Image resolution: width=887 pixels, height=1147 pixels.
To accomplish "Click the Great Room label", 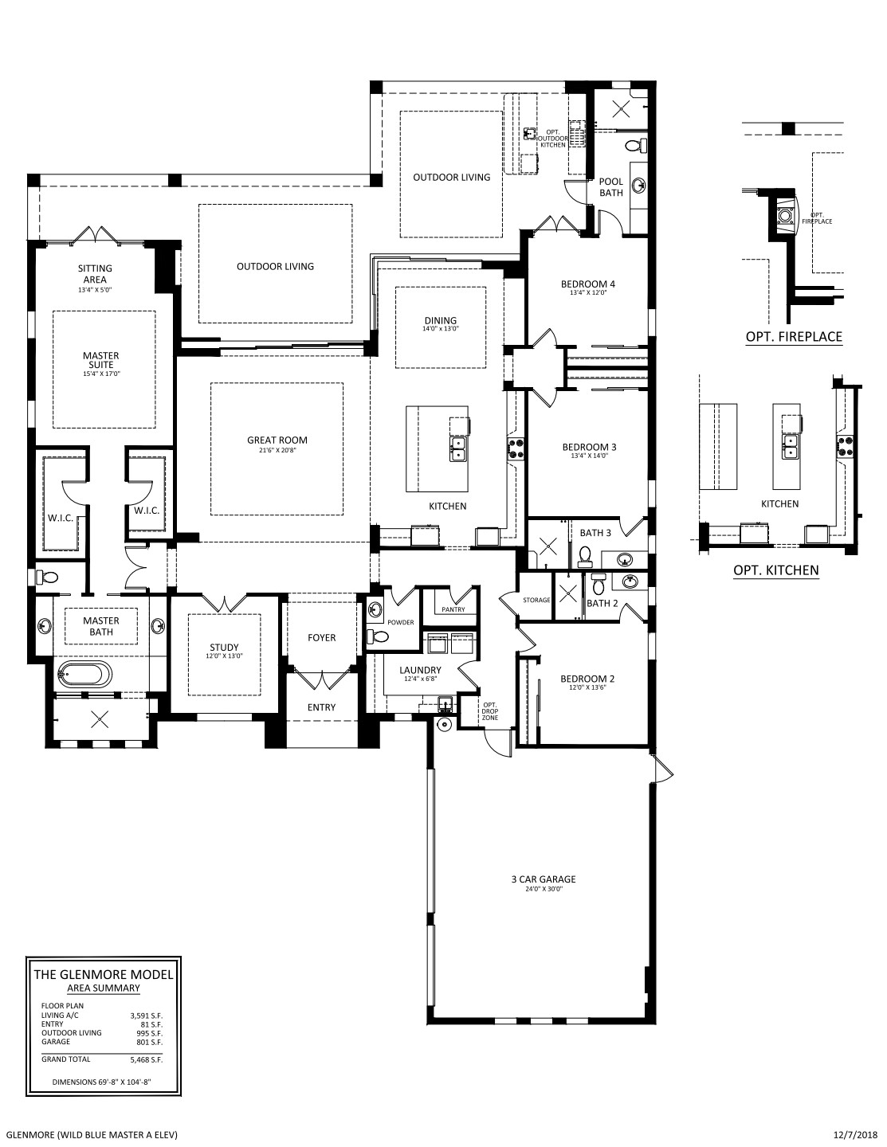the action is (277, 440).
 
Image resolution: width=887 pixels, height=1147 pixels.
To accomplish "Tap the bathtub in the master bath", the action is (85, 675).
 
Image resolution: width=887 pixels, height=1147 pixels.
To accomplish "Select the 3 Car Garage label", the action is (544, 879).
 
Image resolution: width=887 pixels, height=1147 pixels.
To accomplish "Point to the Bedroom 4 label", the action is (587, 284).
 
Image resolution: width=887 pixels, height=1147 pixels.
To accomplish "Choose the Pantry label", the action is (453, 609).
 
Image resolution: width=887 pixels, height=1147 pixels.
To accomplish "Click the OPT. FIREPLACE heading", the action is (794, 336).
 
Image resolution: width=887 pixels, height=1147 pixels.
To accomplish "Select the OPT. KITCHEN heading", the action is (776, 570).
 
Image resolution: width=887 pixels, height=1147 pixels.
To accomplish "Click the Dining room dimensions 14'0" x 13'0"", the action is (441, 328).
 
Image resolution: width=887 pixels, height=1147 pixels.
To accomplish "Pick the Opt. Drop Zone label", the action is (490, 711).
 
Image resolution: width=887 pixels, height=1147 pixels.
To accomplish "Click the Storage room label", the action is (536, 600).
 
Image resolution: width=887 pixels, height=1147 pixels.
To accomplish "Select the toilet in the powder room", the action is (378, 636).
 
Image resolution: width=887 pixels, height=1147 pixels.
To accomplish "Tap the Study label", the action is (225, 647).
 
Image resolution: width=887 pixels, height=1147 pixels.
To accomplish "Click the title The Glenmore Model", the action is (104, 974).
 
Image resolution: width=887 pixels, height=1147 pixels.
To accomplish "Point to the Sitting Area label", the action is (95, 274).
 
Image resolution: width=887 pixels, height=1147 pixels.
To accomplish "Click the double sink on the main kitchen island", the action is (457, 449).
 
